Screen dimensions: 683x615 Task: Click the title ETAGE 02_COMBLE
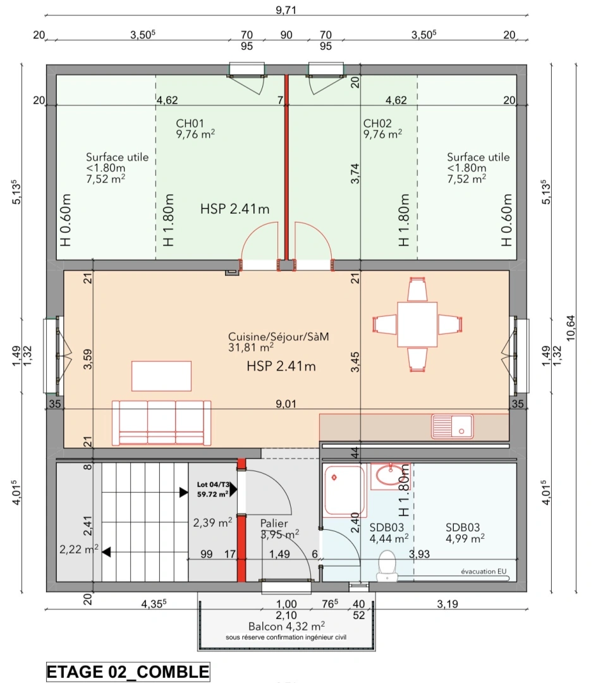127,671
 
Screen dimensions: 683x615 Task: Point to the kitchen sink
452,426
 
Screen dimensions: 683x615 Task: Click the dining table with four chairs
417,324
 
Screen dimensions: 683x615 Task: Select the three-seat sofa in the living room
161,422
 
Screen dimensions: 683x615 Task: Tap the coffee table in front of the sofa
161,376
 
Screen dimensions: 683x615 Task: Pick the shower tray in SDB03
344,491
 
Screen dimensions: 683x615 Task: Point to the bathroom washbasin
390,476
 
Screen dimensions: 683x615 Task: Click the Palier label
274,524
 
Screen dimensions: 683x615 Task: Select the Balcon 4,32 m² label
282,625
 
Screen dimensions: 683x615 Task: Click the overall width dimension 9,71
286,9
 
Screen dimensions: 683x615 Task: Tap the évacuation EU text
484,571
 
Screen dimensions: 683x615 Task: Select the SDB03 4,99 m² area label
465,532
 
